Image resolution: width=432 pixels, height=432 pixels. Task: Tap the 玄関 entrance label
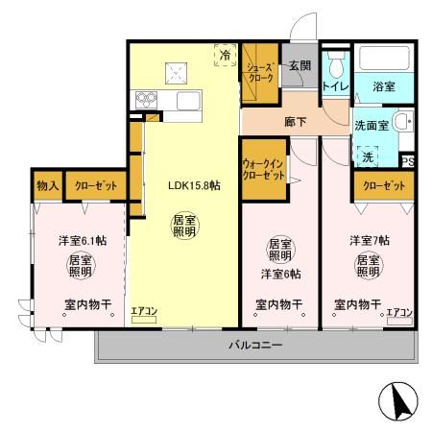[300, 65]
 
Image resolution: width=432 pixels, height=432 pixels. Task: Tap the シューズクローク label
[259, 73]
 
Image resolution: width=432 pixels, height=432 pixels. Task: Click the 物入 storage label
[48, 185]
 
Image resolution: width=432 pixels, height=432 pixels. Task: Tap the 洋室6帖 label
[280, 275]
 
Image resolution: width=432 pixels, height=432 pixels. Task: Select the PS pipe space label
[407, 161]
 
